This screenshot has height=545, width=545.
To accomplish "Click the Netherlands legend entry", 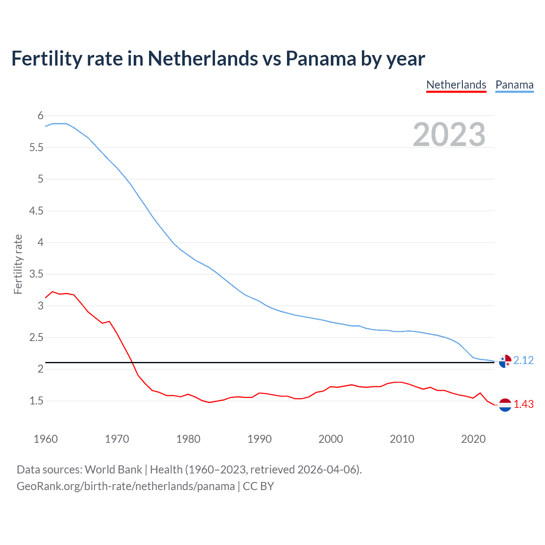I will coord(456,85).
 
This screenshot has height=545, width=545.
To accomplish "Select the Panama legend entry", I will coord(514,85).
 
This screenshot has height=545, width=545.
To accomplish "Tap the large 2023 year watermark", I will coord(449,135).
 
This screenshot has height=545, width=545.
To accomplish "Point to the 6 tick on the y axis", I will coord(40,115).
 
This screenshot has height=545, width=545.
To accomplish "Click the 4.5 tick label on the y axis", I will coord(37,211).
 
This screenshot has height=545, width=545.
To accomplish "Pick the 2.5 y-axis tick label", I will coord(37,338).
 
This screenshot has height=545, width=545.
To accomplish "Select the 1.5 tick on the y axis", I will coord(37,401).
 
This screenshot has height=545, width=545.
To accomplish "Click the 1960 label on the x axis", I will coord(46,439).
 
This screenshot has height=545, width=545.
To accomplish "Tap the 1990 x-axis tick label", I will coord(259,439).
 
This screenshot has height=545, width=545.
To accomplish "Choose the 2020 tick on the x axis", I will coord(473,439).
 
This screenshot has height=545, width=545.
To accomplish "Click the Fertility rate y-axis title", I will coord(18,264).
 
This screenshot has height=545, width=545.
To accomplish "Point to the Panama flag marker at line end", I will coord(505,361).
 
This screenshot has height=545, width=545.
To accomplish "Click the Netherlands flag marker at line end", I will coord(505,405).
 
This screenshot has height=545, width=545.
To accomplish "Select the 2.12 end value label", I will coord(523,361).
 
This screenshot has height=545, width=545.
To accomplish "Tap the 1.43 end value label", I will coord(523,404).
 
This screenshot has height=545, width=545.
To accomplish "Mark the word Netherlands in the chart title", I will coord(203,59).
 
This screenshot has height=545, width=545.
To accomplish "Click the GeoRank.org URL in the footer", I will coord(126,486).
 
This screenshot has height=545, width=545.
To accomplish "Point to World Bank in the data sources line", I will coord(113,470).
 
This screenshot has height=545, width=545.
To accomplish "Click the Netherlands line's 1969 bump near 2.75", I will coord(109,321).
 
